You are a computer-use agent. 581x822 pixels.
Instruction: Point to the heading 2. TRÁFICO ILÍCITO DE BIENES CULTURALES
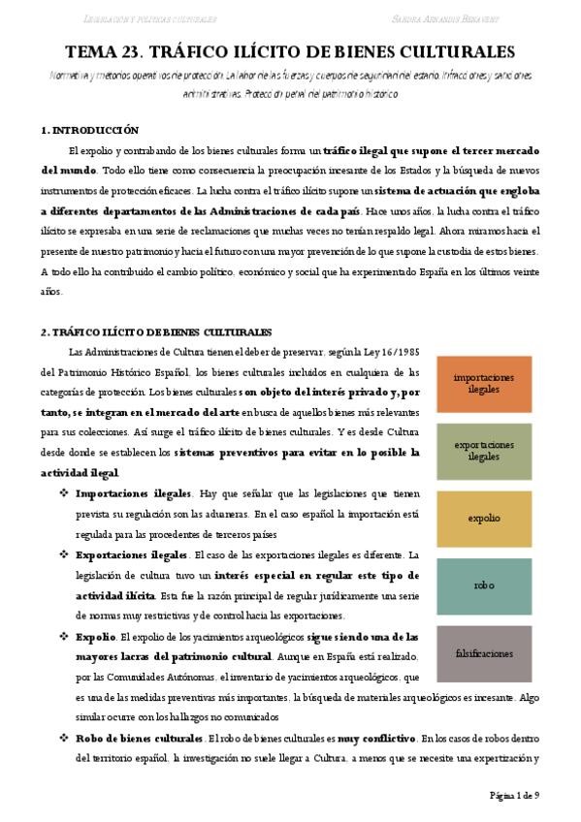(155, 332)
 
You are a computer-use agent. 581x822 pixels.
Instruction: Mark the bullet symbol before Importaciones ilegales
(63, 492)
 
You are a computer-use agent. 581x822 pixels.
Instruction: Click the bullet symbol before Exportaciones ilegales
(63, 554)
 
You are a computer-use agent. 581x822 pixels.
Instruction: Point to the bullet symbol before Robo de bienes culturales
(63, 738)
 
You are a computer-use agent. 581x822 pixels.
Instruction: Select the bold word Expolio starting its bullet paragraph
(94, 637)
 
